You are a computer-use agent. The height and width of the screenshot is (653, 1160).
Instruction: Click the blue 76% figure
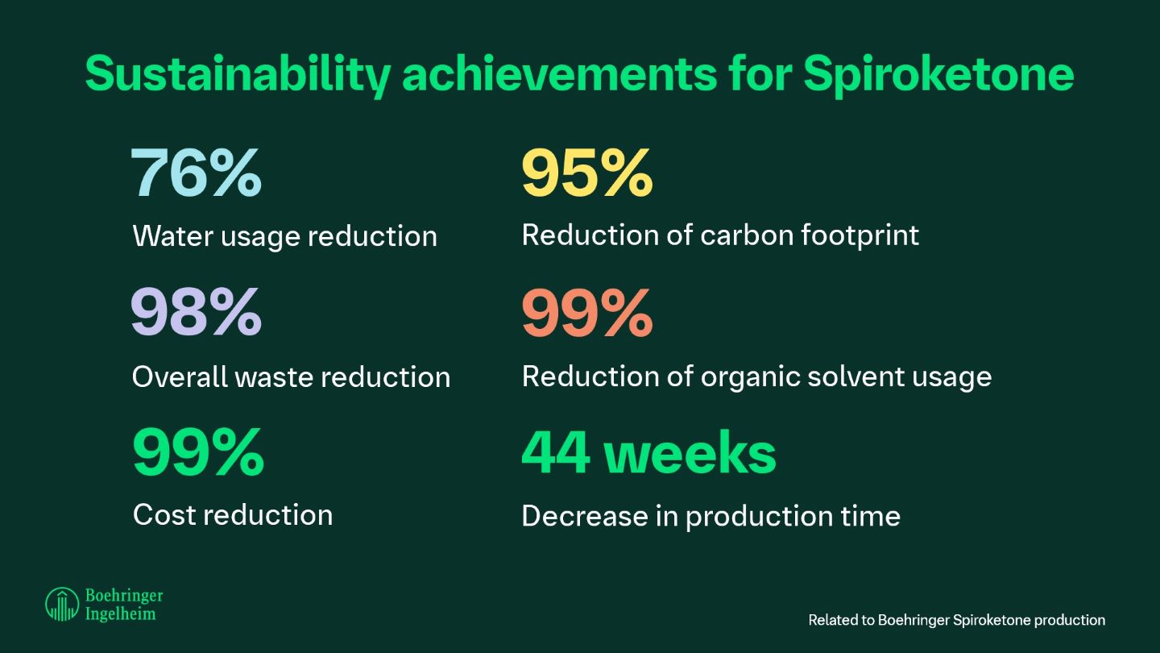click(x=196, y=173)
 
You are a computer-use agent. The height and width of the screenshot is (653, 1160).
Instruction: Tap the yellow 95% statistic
click(x=586, y=173)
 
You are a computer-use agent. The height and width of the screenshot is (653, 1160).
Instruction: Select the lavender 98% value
click(x=196, y=313)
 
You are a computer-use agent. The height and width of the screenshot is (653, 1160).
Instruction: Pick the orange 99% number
click(x=586, y=313)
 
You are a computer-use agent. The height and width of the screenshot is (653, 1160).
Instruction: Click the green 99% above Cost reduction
click(x=197, y=453)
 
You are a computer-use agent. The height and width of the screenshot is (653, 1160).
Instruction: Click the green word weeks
click(x=690, y=453)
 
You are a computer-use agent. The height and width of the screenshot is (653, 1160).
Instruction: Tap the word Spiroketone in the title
click(x=938, y=74)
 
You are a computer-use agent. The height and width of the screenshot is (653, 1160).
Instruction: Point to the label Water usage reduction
click(x=284, y=237)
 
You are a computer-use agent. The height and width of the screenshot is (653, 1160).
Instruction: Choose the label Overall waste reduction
click(x=291, y=377)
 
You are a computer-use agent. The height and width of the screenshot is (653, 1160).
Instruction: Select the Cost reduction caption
click(x=232, y=515)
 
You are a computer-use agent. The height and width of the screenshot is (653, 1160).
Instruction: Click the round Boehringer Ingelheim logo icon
click(x=61, y=604)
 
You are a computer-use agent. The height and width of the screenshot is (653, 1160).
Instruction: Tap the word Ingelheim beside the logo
click(x=121, y=613)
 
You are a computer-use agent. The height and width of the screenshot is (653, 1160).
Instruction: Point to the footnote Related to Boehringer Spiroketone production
click(x=956, y=620)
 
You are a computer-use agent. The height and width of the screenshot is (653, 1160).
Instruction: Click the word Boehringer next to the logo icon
click(x=123, y=596)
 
